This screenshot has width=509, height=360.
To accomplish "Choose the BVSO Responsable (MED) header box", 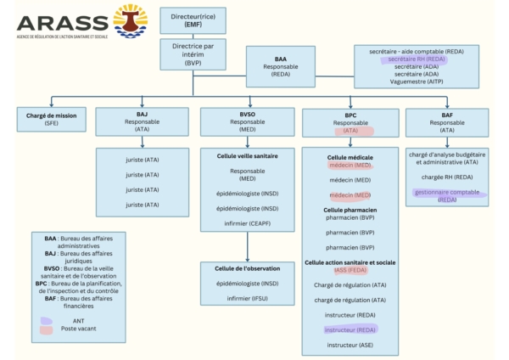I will [248, 121].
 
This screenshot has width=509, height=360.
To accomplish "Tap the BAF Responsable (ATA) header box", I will [446, 121].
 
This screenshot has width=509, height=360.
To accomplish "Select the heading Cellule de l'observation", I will [247, 269].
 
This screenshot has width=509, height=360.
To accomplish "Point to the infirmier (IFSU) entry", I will [247, 300].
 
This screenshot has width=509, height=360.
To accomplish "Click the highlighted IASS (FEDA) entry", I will [350, 271].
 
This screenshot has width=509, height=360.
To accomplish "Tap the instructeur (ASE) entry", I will [350, 346].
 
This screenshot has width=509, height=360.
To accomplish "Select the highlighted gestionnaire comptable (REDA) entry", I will [446, 196].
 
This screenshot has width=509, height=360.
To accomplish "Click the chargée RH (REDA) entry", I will [446, 177].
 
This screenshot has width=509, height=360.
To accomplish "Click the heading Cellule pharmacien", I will [350, 209].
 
